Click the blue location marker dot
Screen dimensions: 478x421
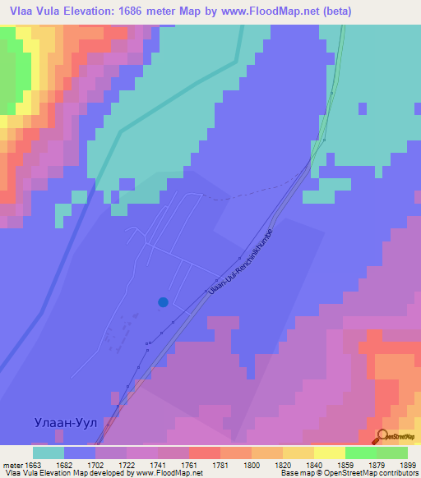pyautogui.click(x=163, y=302)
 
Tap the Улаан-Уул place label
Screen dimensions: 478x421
pyautogui.click(x=67, y=423)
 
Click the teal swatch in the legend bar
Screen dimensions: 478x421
pyautogui.click(x=49, y=453)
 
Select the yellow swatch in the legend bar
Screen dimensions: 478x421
pyautogui.click(x=330, y=453)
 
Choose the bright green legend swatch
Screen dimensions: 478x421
pyautogui.click(x=361, y=453)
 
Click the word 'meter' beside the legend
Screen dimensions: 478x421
pyautogui.click(x=12, y=464)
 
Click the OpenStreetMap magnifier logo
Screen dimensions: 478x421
pyautogui.click(x=383, y=436)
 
